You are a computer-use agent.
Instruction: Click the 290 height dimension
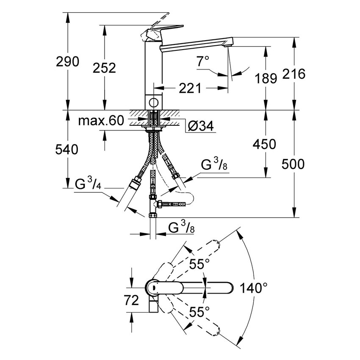tap(68, 62)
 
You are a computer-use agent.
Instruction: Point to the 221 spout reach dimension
tap(188, 88)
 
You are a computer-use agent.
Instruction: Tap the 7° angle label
tap(203, 61)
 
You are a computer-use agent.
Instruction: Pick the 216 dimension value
tap(294, 74)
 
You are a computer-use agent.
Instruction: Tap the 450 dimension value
tap(265, 144)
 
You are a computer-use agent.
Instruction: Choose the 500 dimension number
tap(293, 164)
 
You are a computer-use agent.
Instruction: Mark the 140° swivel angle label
tap(253, 288)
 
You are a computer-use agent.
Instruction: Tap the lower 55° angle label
tap(199, 312)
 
